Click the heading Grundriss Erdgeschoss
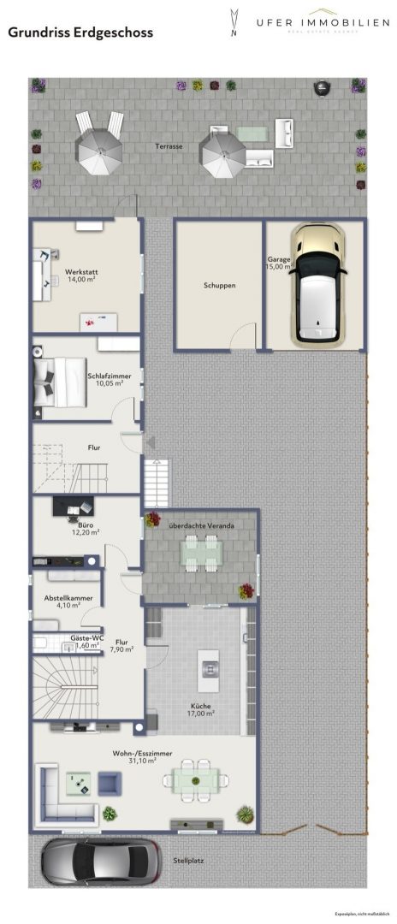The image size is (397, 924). coord(80,33)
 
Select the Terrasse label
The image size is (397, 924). coord(169,146)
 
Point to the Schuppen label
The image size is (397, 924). coord(219,286)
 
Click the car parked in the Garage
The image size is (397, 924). coord(318,284)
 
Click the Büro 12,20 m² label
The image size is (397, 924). coord(85,529)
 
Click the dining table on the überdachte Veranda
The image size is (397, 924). coord(201,554)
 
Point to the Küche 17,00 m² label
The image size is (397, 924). coord(202,710)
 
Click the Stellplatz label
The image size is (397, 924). coord(189,862)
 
